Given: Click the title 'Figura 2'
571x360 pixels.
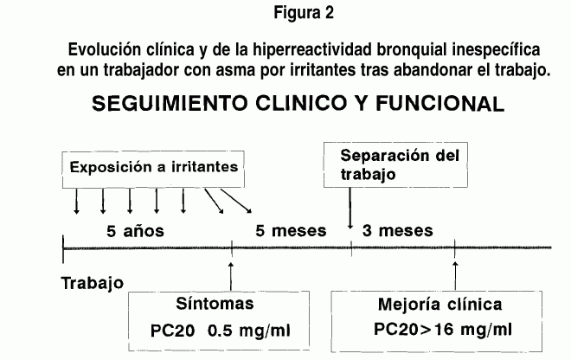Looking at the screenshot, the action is click(x=304, y=13).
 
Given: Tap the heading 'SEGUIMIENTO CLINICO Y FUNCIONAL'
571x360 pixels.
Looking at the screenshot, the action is click(x=298, y=104).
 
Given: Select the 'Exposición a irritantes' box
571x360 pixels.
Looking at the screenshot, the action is click(x=153, y=170).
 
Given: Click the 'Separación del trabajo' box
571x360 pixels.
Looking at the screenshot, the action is click(x=395, y=164).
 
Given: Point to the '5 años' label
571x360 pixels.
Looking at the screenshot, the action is click(x=135, y=231).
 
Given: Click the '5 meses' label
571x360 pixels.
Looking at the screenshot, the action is click(x=291, y=231).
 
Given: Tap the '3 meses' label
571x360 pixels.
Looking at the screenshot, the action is click(x=398, y=231).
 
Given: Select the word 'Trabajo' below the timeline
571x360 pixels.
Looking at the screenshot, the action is click(x=93, y=283).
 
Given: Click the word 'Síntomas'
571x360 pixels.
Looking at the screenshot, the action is click(x=215, y=304).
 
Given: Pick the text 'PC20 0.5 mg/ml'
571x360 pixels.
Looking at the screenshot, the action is click(x=221, y=331).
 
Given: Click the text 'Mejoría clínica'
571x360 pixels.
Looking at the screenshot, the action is click(x=439, y=305).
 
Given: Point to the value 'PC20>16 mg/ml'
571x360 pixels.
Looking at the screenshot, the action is click(x=443, y=330).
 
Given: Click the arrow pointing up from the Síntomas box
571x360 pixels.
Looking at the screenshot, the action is click(x=231, y=276).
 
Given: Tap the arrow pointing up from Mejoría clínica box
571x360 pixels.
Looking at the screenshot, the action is click(x=455, y=276).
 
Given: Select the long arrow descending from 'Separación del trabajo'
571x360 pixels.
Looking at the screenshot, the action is click(x=350, y=209).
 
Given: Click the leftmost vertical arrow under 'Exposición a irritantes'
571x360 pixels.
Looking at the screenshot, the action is click(x=76, y=201).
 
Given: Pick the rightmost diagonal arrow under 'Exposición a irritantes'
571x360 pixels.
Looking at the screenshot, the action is click(x=236, y=201).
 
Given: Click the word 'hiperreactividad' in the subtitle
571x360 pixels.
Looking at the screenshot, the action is click(x=313, y=50).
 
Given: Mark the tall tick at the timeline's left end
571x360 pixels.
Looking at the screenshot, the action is click(x=63, y=249).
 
